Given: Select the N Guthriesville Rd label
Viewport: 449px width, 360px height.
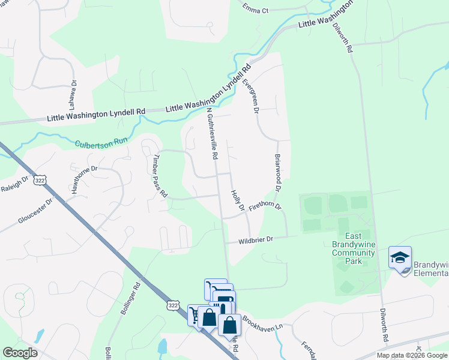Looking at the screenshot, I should tap(211, 133).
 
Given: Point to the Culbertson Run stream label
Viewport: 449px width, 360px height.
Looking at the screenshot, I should tap(101, 143).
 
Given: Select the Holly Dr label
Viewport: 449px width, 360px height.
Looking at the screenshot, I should tap(238, 200).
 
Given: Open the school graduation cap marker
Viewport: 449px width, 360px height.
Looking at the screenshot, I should tap(400, 258).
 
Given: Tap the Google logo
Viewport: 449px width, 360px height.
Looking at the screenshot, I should tap(20, 353).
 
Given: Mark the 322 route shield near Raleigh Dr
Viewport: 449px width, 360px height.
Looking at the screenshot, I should tap(40, 180).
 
